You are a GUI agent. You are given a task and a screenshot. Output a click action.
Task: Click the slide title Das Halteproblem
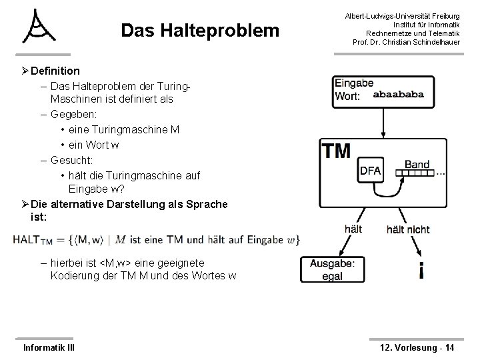coord(200,31)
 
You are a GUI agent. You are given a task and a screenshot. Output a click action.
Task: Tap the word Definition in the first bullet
coord(55,71)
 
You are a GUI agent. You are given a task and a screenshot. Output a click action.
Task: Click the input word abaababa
coord(398,95)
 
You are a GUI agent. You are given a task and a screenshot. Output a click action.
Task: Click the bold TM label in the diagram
coord(337,151)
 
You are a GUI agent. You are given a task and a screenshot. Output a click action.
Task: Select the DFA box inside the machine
coord(370,170)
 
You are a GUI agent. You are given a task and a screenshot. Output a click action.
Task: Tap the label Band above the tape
coord(417,163)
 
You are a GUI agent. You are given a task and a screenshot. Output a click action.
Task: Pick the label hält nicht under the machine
coord(408,229)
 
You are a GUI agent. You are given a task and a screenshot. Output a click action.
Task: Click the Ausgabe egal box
coord(333,269)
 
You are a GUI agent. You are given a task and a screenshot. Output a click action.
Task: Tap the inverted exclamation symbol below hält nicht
coord(421,270)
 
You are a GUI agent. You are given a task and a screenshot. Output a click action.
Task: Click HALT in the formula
coord(27,239)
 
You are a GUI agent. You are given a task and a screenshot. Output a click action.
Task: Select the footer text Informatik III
coord(49,347)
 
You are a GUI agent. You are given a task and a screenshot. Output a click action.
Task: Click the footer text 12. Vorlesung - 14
coord(416,347)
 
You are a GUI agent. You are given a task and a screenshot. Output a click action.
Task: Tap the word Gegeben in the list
coord(73,114)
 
